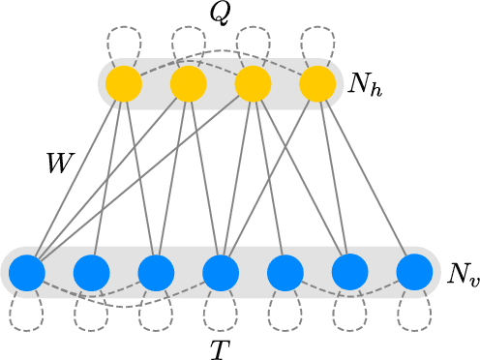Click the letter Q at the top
point(221,13)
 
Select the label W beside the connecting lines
point(61,163)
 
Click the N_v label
point(462,274)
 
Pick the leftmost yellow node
point(124,85)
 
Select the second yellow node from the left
point(189,85)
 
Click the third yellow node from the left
point(253,85)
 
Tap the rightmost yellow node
point(317,85)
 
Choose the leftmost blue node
point(27,274)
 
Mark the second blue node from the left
point(91,274)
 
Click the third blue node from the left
point(156,274)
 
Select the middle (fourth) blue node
point(221,274)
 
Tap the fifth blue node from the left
point(285,274)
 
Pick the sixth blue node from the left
point(349,274)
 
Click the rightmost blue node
point(414,274)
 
